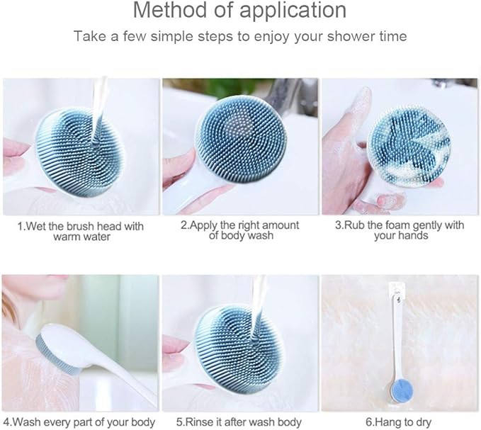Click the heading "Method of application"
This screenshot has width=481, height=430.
pyautogui.click(x=240, y=11)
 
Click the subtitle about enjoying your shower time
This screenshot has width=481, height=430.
pyautogui.click(x=240, y=36)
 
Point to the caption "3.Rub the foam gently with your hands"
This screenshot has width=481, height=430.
pyautogui.click(x=400, y=230)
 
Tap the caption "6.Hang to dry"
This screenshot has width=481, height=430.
pyautogui.click(x=400, y=422)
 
